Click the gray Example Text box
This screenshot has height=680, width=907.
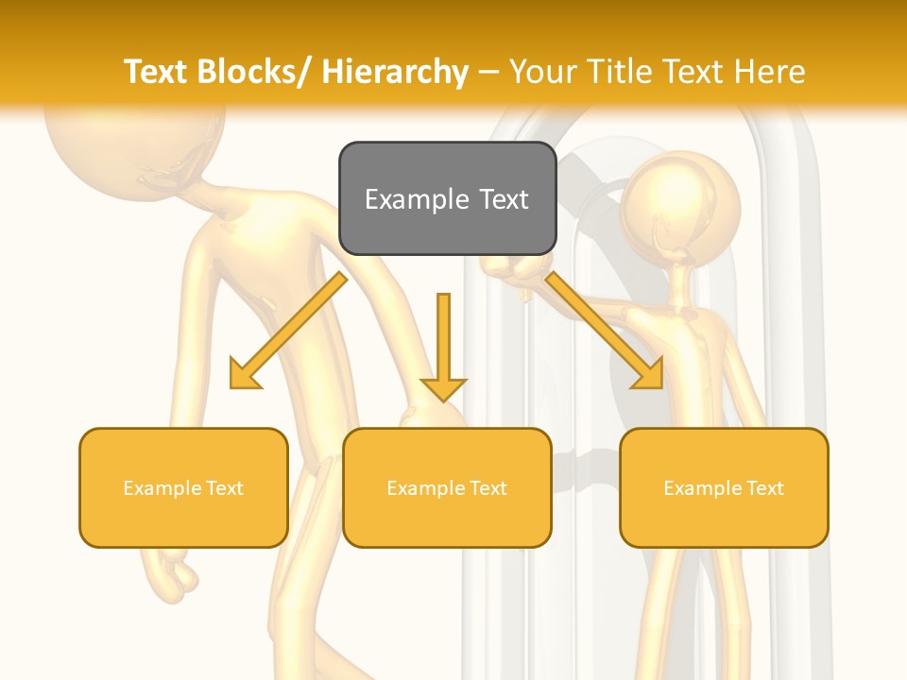(447, 198)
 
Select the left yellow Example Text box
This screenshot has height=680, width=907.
(183, 487)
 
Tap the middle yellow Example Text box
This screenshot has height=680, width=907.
(447, 487)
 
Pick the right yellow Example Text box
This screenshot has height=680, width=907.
(724, 487)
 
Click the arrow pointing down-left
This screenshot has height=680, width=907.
(287, 331)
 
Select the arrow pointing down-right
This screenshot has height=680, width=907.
(606, 331)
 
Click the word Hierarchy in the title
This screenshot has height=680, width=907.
(395, 72)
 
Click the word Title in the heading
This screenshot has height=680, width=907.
(619, 72)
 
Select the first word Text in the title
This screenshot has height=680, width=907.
(157, 72)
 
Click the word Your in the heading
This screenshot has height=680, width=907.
(546, 72)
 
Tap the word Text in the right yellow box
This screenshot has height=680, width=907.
(764, 488)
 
